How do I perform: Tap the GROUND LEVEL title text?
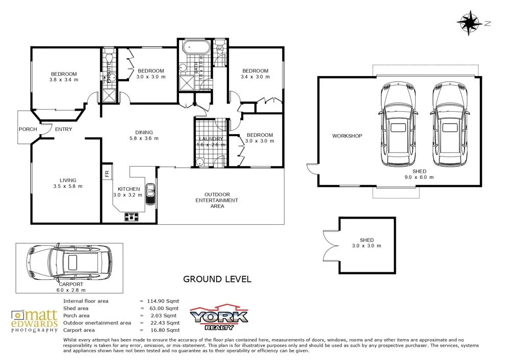[x=217, y=279]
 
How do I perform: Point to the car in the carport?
[x=70, y=262]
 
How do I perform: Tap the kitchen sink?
[x=150, y=194]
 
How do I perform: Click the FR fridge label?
[x=107, y=173]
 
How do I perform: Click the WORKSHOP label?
[x=347, y=136]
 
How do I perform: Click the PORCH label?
[x=28, y=129]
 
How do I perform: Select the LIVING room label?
[x=68, y=180]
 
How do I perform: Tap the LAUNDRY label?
[x=211, y=139]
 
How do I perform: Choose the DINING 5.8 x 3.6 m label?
[x=144, y=135]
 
